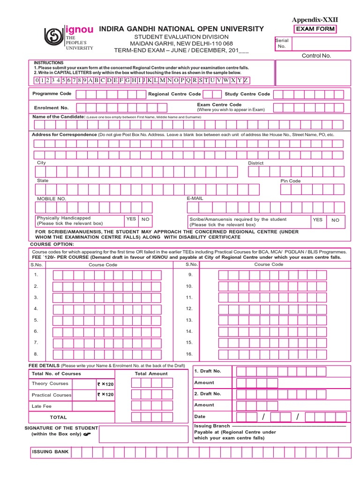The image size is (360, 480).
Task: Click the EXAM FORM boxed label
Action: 315,30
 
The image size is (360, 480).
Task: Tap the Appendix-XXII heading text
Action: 315,20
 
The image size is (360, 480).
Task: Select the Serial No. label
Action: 282,43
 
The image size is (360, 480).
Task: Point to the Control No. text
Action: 316,55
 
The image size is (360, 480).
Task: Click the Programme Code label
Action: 52,94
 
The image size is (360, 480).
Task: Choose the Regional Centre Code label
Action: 174,94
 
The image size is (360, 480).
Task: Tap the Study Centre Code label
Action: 247,94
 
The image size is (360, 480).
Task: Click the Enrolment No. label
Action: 51,108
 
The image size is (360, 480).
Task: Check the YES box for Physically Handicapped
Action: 131,219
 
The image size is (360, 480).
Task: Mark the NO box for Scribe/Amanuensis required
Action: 335,220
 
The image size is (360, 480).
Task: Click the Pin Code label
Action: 291,181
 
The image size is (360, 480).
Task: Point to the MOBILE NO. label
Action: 52,199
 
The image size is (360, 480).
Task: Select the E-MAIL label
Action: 195,198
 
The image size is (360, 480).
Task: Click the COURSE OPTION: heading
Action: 52,244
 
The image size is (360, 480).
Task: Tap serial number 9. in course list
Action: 190,275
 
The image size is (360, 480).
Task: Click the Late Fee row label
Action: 42,406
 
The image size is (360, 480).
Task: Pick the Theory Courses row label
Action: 50,383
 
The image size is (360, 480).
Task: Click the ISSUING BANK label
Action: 50,452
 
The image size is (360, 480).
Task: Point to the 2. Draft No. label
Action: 207,394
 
